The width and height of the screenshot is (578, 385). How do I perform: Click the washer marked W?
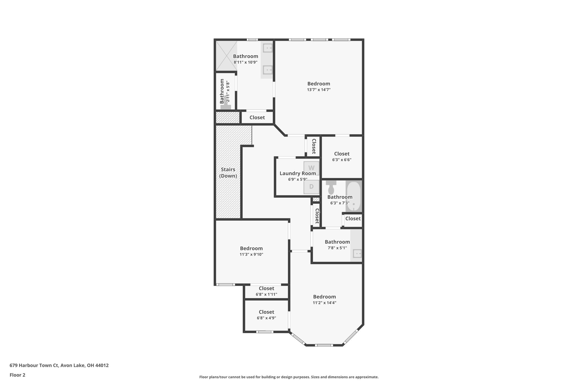[x=311, y=168]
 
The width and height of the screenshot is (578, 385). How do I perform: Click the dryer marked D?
[x=311, y=187]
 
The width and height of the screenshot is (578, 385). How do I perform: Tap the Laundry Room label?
[x=297, y=173]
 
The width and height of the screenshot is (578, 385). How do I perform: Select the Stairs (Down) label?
[x=228, y=173]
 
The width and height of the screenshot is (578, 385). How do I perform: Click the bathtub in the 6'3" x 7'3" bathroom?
[x=353, y=196]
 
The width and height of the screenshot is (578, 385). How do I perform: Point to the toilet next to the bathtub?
[x=331, y=187]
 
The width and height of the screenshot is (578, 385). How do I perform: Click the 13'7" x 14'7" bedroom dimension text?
[x=319, y=90]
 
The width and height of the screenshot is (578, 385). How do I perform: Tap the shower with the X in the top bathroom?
[x=226, y=56]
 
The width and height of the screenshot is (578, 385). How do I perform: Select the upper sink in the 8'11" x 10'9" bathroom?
[x=267, y=48]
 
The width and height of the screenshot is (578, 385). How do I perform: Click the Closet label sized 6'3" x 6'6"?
[x=341, y=154]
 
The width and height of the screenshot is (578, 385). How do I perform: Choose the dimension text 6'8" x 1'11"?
[x=266, y=294]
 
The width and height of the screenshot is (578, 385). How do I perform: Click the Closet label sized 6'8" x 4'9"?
[x=266, y=312]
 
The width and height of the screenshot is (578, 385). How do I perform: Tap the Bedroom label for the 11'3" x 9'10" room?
[x=251, y=248]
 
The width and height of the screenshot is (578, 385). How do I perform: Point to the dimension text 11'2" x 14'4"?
[x=324, y=303]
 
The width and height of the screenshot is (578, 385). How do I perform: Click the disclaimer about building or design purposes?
[x=289, y=377]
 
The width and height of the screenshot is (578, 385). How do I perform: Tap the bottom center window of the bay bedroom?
[x=324, y=345]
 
